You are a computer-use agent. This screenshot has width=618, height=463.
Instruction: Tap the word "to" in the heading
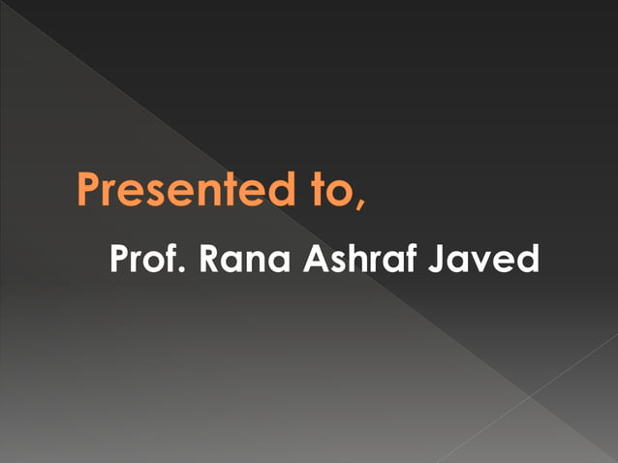pyautogui.click(x=313, y=191)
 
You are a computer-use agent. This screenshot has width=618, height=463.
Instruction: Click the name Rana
pyautogui.click(x=246, y=260)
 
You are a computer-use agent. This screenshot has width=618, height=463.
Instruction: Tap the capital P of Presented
pyautogui.click(x=90, y=190)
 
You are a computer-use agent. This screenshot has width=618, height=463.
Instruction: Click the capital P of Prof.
pyautogui.click(x=120, y=260)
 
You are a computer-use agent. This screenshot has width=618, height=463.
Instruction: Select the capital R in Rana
pyautogui.click(x=211, y=260)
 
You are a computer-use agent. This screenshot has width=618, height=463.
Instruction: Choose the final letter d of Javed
pyautogui.click(x=527, y=260)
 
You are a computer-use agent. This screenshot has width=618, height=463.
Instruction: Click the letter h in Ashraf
pyautogui.click(x=362, y=260)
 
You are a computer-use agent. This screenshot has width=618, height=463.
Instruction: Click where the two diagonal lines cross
pyautogui.click(x=530, y=396)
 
